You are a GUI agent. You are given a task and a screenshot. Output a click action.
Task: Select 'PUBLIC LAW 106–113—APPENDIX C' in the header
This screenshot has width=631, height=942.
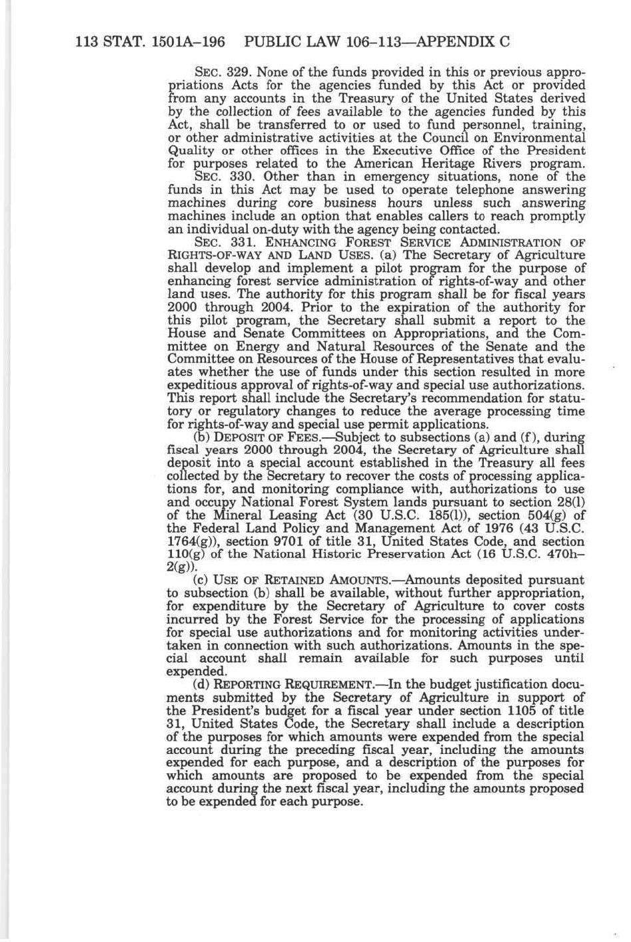tap(377, 41)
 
